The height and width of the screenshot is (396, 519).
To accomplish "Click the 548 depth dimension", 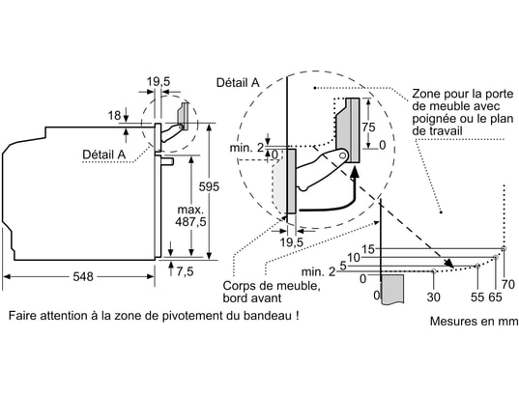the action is [83, 276].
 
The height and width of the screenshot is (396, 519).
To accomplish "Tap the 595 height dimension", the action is [209, 187].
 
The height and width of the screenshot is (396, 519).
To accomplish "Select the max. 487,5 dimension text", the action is [190, 215].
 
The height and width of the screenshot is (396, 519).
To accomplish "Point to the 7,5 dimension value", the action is [185, 271].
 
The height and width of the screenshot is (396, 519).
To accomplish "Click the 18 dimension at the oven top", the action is [114, 116].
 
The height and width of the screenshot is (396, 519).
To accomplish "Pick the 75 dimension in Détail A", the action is [368, 127].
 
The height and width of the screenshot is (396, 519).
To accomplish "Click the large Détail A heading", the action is [238, 82].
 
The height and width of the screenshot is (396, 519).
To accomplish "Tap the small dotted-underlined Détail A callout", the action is [104, 155].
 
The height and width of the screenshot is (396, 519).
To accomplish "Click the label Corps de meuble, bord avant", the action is [272, 292].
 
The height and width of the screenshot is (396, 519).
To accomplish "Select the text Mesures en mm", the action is [474, 321].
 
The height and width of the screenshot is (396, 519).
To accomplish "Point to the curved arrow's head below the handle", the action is [355, 173].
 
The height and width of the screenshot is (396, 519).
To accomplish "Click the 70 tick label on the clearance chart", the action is [508, 284].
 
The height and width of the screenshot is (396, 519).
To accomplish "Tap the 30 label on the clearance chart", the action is [433, 297].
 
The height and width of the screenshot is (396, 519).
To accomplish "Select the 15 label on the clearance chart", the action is [368, 249].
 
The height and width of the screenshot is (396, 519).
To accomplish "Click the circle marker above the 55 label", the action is [477, 266].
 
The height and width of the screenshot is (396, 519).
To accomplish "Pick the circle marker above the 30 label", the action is [434, 271].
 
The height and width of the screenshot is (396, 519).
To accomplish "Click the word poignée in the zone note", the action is [433, 119].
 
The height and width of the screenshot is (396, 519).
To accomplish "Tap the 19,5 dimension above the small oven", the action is [159, 81].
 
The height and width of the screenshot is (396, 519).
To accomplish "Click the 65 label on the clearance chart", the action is [495, 297].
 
